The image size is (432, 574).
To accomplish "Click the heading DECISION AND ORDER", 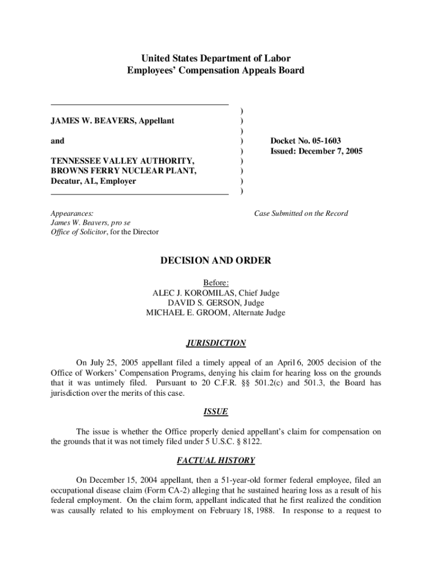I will click(216, 261).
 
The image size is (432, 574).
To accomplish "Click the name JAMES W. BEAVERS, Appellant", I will click(113, 121).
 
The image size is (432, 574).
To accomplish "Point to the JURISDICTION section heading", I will click(216, 343).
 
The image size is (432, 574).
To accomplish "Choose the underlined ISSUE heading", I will click(216, 412).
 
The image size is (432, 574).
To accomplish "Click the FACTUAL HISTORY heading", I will click(216, 461).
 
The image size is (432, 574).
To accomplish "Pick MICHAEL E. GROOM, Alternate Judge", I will click(216, 313).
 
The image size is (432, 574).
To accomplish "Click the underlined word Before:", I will click(216, 283).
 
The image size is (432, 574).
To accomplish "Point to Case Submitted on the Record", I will click(301, 214).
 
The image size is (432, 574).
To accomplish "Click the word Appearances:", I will click(72, 214).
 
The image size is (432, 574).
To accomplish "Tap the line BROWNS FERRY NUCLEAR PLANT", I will click(123, 171).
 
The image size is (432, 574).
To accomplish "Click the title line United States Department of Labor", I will click(216, 58).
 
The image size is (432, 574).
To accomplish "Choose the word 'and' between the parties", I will click(57, 141).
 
